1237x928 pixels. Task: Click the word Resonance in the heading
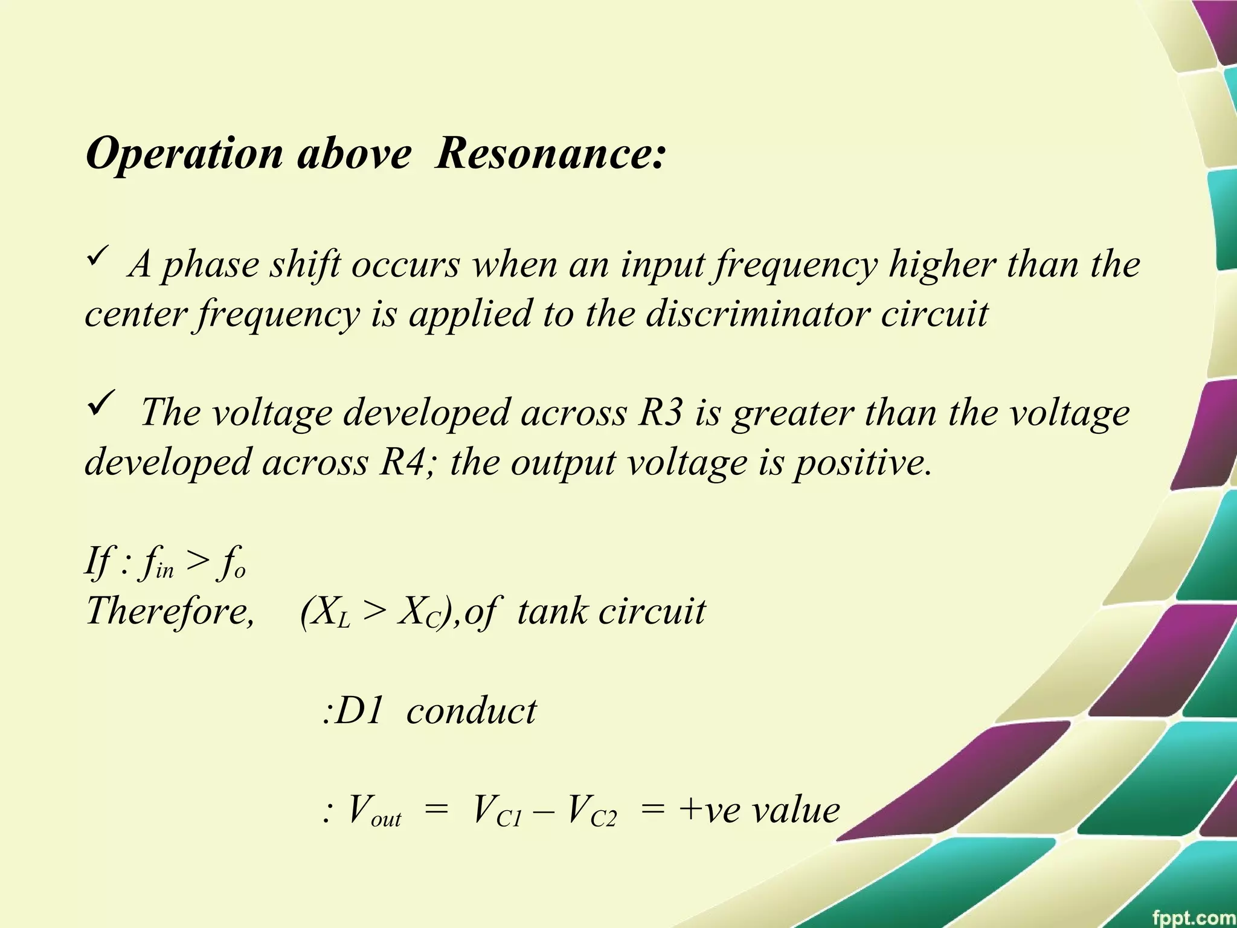(550, 153)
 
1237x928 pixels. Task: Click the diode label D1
(359, 710)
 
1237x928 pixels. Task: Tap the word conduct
(472, 710)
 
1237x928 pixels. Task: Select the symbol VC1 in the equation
(496, 811)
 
